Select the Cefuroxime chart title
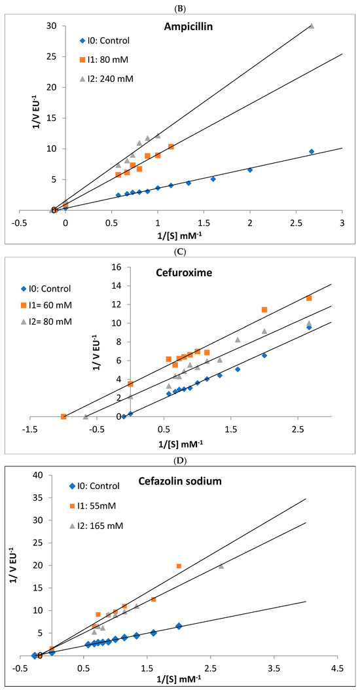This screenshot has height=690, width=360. pos(179,273)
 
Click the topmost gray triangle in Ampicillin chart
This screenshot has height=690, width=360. pos(312,26)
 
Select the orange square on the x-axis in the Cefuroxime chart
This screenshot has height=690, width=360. pos(63,416)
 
